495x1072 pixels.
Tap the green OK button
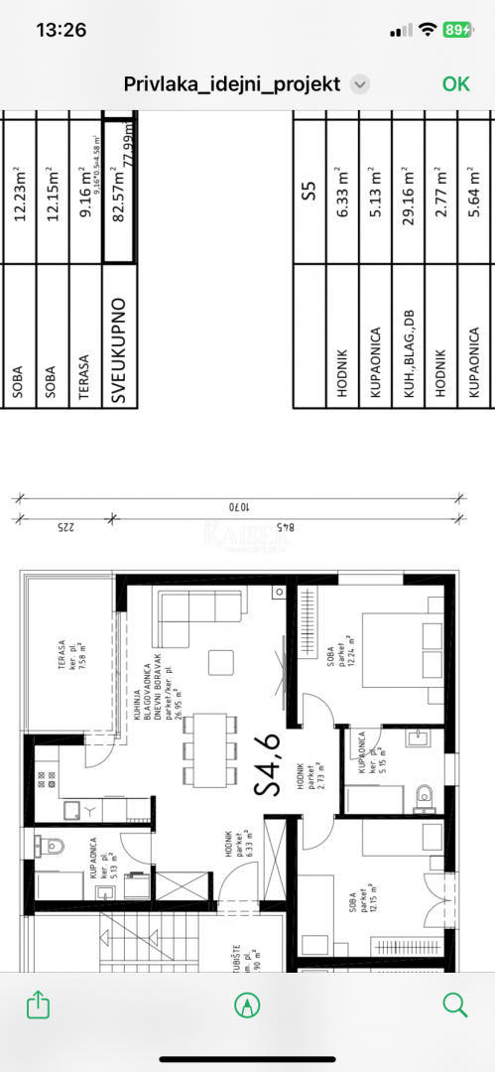pyautogui.click(x=455, y=83)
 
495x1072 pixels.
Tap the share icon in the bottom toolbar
pyautogui.click(x=38, y=1005)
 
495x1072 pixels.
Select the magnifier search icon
pyautogui.click(x=455, y=1005)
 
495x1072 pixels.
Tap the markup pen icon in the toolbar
pyautogui.click(x=246, y=1005)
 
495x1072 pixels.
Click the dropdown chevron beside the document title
pyautogui.click(x=360, y=84)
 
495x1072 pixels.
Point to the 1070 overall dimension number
pyautogui.click(x=237, y=505)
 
